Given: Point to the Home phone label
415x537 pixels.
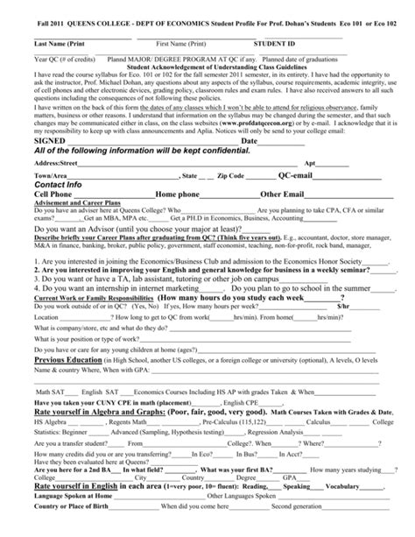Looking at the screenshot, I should pyautogui.click(x=176, y=194).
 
